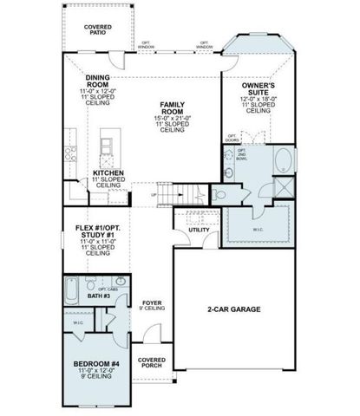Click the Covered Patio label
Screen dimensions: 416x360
point(97,30)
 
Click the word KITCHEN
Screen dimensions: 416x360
point(108,172)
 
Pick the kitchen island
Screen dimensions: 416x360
point(108,147)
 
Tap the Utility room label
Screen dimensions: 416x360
point(199,230)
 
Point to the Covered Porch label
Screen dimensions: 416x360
point(151,361)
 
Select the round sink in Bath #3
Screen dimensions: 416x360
point(120,283)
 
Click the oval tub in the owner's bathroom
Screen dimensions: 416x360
point(284,159)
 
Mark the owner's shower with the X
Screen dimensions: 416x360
point(284,191)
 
